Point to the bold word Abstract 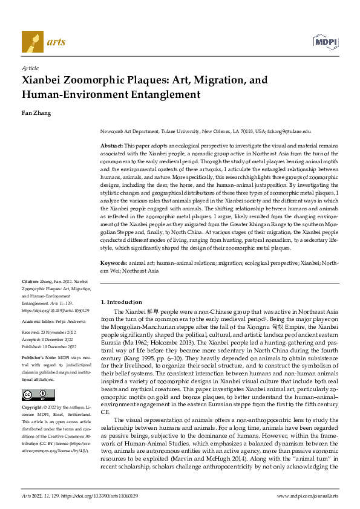[111, 146]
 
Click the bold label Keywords [113, 264]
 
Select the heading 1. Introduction [121, 301]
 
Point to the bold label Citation [30, 282]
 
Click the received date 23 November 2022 [57, 332]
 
